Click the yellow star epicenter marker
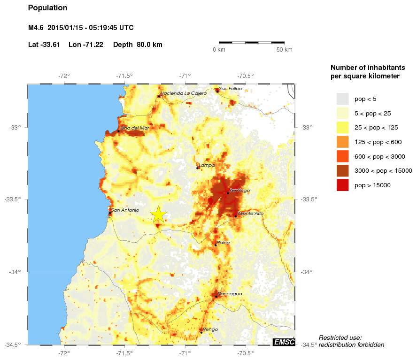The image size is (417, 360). (x=159, y=214)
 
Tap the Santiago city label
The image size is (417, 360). (x=240, y=191)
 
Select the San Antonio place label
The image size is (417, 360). (x=125, y=210)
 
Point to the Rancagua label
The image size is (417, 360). (x=230, y=294)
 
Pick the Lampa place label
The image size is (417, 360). (x=207, y=165)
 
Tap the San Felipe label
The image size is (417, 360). (x=231, y=88)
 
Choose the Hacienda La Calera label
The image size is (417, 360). (x=184, y=93)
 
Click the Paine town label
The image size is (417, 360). (x=223, y=243)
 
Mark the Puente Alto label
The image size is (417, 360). (x=250, y=214)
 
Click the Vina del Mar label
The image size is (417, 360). (x=135, y=128)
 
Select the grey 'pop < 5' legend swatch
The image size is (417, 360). (x=342, y=99)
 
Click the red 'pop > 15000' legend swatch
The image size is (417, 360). (x=342, y=185)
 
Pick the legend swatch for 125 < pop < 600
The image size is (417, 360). (x=342, y=142)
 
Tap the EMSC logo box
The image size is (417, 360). (x=284, y=342)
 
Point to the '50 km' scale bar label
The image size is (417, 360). (x=284, y=50)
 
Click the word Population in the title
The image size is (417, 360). (x=47, y=8)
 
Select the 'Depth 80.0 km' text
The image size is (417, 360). (x=138, y=45)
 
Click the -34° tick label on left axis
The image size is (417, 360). (x=15, y=272)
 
